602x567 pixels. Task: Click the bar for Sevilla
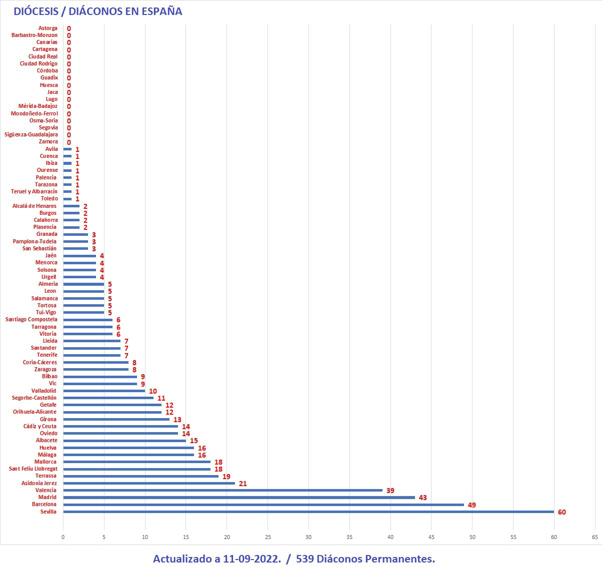(308, 512)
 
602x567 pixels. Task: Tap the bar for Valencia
(222, 491)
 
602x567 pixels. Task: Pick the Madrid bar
(239, 498)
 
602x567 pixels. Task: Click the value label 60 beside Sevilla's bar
(561, 512)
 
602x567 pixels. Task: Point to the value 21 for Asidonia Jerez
(243, 484)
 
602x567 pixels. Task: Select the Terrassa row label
(46, 476)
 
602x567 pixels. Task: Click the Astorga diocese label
(48, 28)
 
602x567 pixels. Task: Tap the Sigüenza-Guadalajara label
(31, 135)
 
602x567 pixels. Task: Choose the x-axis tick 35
(349, 537)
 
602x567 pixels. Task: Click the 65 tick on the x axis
(594, 537)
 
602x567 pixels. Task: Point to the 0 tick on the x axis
(63, 537)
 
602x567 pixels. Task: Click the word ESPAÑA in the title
(161, 11)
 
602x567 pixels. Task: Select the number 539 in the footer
(305, 559)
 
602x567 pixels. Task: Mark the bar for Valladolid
(104, 391)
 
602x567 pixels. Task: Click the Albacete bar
(124, 441)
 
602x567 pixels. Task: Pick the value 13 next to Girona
(177, 420)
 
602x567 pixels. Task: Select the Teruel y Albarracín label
(34, 192)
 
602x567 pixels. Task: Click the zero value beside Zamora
(68, 142)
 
